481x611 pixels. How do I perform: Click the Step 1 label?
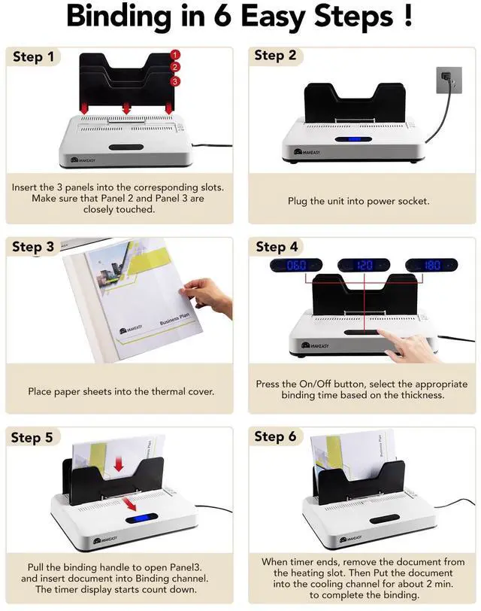pyautogui.click(x=34, y=57)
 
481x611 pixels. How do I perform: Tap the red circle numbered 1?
pyautogui.click(x=175, y=54)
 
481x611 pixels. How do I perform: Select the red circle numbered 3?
pyautogui.click(x=175, y=81)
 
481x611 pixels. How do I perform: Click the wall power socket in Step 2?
pyautogui.click(x=449, y=80)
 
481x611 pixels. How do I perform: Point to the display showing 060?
pyautogui.click(x=296, y=266)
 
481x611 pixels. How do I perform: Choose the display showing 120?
pyautogui.click(x=364, y=266)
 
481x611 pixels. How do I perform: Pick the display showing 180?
pyautogui.click(x=431, y=266)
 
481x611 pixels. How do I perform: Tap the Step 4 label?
pyautogui.click(x=277, y=247)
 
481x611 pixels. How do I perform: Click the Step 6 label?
pyautogui.click(x=275, y=436)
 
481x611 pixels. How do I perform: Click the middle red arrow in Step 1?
pyautogui.click(x=126, y=108)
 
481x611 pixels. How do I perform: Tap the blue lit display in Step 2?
pyautogui.click(x=353, y=139)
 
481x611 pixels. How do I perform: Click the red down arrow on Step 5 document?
pyautogui.click(x=118, y=464)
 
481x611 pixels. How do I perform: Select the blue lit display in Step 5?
pyautogui.click(x=141, y=518)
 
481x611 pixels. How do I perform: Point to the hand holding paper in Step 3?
pyautogui.click(x=206, y=297)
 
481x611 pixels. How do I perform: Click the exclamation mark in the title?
pyautogui.click(x=408, y=17)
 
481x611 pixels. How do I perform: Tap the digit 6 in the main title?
pyautogui.click(x=222, y=17)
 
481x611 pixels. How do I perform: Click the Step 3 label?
pyautogui.click(x=33, y=247)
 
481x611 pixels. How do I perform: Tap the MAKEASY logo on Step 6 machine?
pyautogui.click(x=351, y=539)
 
